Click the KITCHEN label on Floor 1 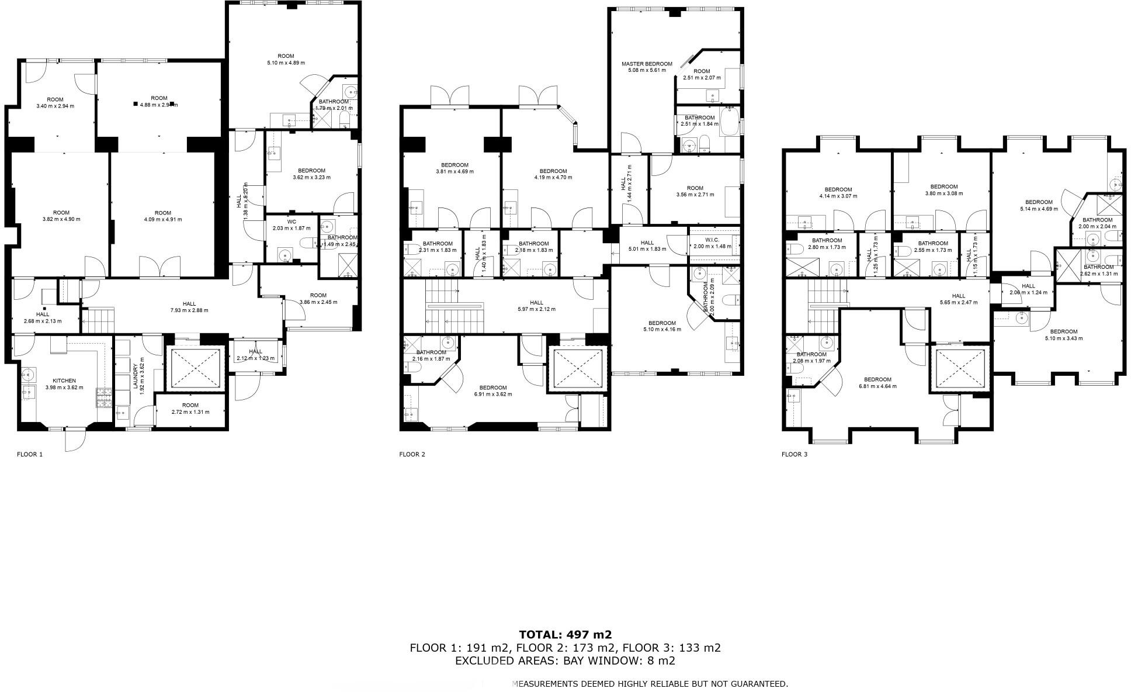coord(64,380)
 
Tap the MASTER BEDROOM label coord(647,64)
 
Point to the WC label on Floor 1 coord(292,222)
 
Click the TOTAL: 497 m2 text coord(565,635)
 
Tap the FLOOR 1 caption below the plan coord(30,454)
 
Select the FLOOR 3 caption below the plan coord(794,454)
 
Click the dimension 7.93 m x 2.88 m coord(189,310)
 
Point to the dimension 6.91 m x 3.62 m coord(492,394)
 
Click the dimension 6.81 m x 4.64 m coord(877,386)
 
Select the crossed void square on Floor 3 coord(959,369)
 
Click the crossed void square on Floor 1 coord(194,368)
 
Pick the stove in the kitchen coord(104,399)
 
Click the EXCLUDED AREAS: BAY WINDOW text coord(565,661)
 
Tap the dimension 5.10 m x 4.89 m coord(286,63)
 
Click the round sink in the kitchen coord(29,374)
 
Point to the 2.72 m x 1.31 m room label coord(190,411)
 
